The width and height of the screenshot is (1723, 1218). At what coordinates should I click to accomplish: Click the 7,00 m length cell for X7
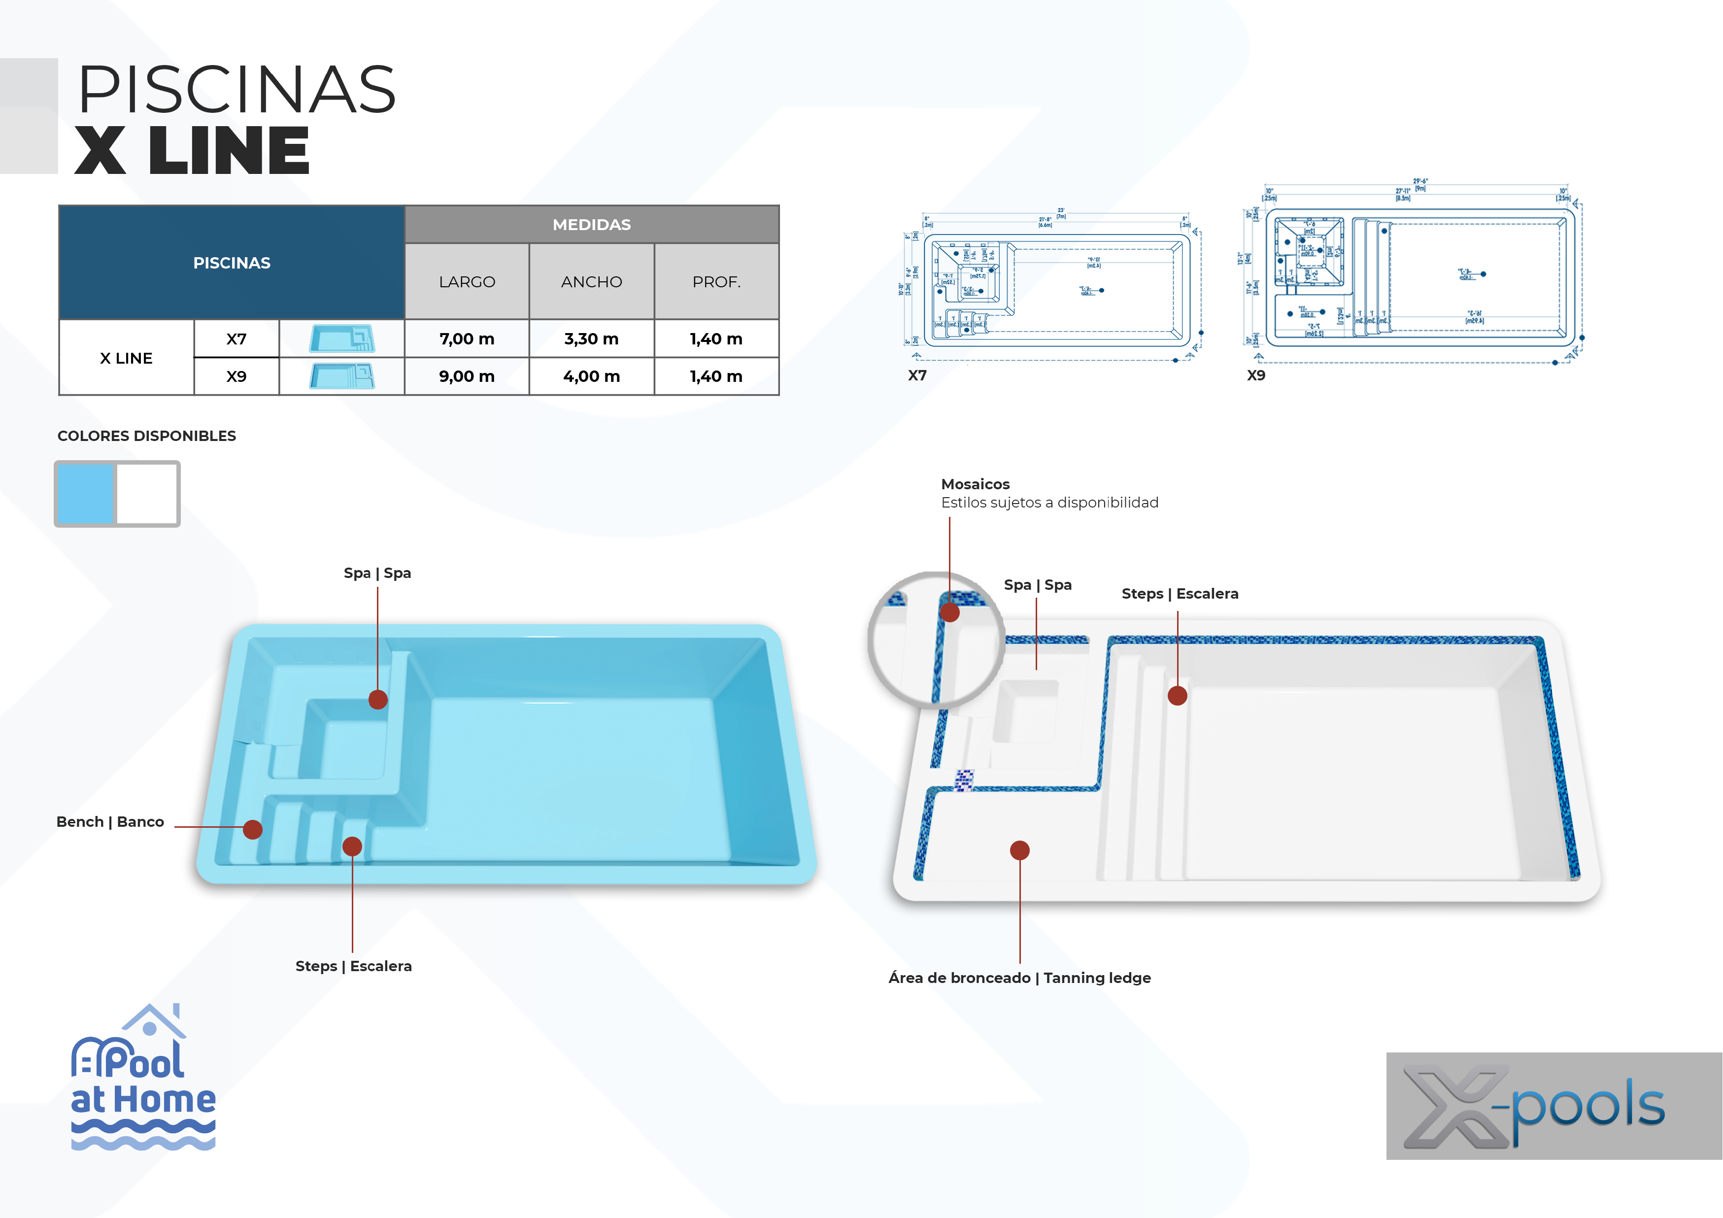466,338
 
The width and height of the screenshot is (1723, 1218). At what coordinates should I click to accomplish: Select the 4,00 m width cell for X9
591,376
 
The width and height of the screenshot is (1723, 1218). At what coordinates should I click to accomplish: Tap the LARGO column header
467,281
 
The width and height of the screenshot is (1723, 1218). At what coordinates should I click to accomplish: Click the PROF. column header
716,281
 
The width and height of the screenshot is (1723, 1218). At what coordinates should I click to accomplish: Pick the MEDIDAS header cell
591,224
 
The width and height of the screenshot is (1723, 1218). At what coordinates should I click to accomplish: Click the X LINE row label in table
126,358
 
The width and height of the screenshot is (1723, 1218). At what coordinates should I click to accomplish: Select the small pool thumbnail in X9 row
341,376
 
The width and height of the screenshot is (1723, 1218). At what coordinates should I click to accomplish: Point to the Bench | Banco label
110,822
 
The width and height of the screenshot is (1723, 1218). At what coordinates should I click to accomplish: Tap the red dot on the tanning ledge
1019,850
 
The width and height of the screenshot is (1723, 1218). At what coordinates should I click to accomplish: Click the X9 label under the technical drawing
1255,375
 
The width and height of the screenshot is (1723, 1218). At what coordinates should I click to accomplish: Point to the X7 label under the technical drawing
917,375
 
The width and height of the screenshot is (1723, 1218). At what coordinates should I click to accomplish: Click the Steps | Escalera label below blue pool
353,966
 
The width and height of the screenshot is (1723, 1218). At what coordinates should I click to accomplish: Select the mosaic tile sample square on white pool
964,780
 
